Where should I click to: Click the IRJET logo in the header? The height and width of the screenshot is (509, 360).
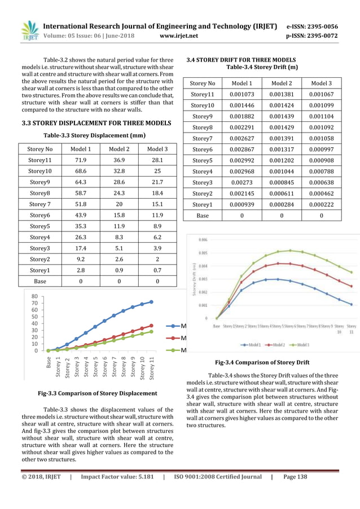pos(28,31)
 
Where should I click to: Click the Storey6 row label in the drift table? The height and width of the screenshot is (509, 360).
pos(202,149)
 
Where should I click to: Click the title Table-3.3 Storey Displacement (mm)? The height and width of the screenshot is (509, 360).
pos(95,135)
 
